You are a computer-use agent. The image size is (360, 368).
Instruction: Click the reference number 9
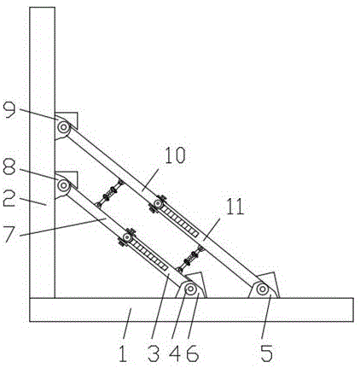(9, 109)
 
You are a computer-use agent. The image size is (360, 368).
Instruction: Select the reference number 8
(9, 166)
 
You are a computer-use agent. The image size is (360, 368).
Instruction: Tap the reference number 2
(9, 198)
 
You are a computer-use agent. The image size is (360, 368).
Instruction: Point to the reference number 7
(10, 234)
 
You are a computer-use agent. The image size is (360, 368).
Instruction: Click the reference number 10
(175, 155)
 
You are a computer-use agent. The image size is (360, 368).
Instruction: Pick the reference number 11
(235, 207)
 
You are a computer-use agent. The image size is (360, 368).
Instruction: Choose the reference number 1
(123, 353)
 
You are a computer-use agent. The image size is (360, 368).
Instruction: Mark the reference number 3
(154, 353)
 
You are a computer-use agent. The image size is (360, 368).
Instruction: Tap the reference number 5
(267, 353)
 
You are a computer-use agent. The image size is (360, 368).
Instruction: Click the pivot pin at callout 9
(63, 126)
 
